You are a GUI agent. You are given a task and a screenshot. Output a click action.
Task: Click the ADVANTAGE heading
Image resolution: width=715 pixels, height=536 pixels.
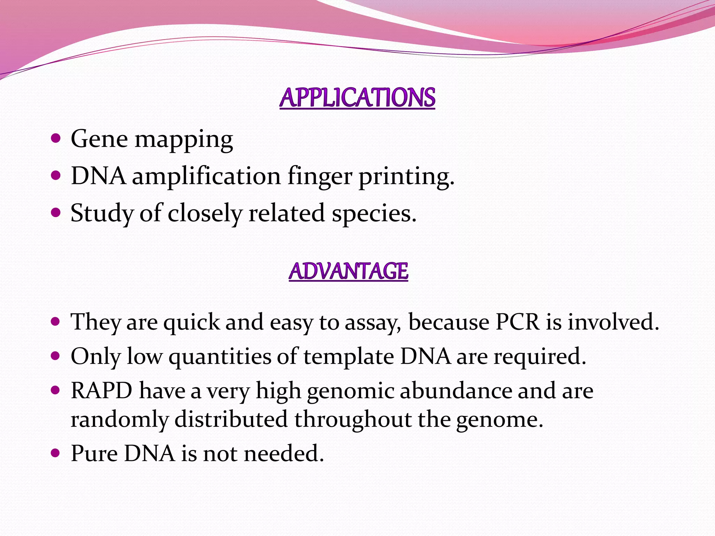pyautogui.click(x=348, y=271)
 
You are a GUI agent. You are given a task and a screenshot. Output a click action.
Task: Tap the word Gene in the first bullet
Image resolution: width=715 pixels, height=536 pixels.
pyautogui.click(x=99, y=139)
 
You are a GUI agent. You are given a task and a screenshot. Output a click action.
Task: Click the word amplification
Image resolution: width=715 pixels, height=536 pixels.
pyautogui.click(x=206, y=177)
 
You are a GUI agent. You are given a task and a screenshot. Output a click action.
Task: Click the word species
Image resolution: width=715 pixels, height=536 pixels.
pyautogui.click(x=374, y=214)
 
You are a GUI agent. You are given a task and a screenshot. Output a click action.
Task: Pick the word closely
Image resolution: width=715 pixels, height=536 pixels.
pyautogui.click(x=205, y=214)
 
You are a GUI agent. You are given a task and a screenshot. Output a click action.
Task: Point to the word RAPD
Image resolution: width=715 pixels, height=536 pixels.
pyautogui.click(x=102, y=390)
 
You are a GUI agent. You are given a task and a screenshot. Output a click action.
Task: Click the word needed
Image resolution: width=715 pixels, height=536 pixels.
pyautogui.click(x=283, y=454)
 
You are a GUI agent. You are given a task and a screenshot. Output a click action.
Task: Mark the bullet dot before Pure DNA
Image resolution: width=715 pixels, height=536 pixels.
pyautogui.click(x=56, y=453)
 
